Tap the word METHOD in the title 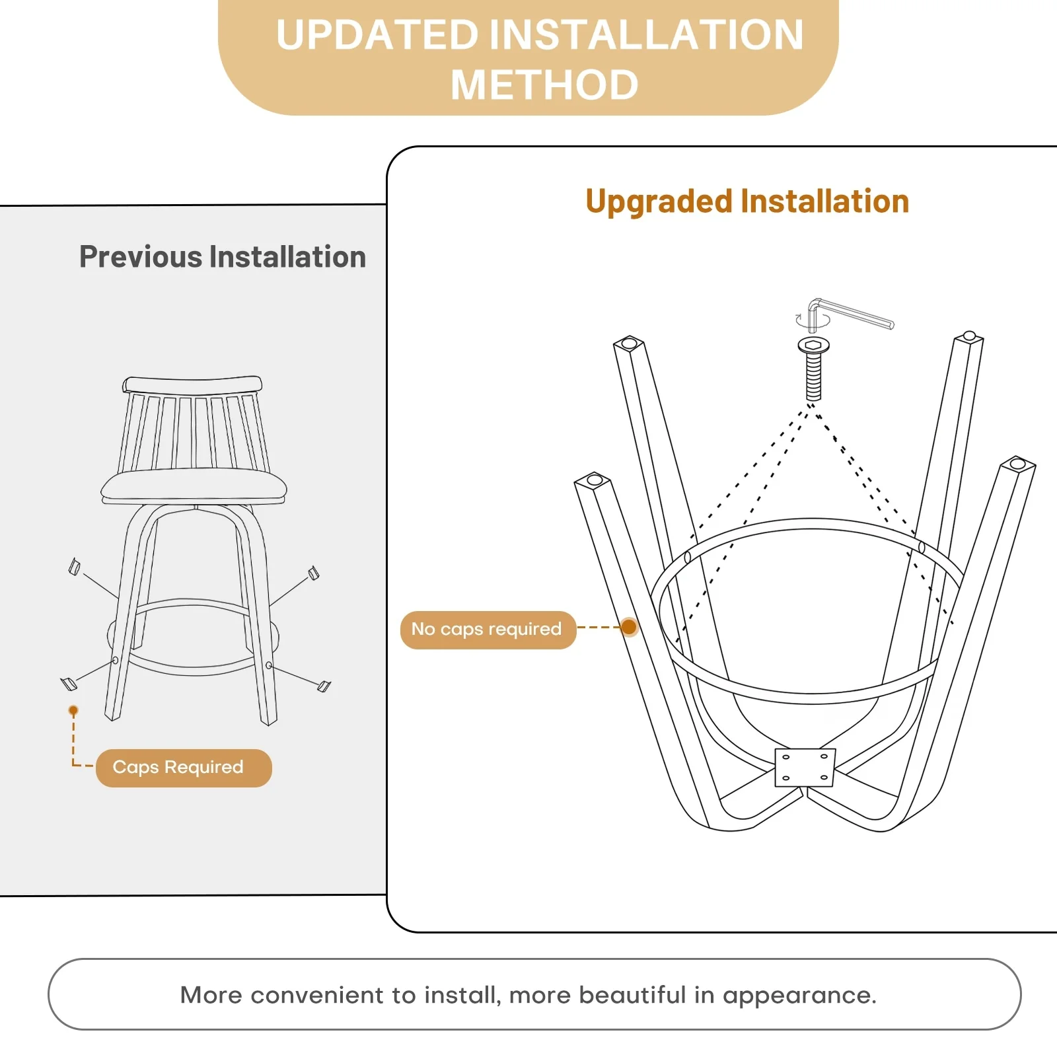pos(544,85)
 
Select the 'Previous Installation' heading pos(223,256)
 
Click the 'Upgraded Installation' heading pos(747,201)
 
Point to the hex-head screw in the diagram pos(813,368)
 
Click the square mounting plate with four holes pos(805,767)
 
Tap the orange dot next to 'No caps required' pos(629,627)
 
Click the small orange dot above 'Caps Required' pos(73,711)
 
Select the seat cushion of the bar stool pos(194,487)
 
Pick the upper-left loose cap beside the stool pos(75,567)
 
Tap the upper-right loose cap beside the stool pos(314,573)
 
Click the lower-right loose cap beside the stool pos(324,686)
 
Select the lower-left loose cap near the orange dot pos(69,684)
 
